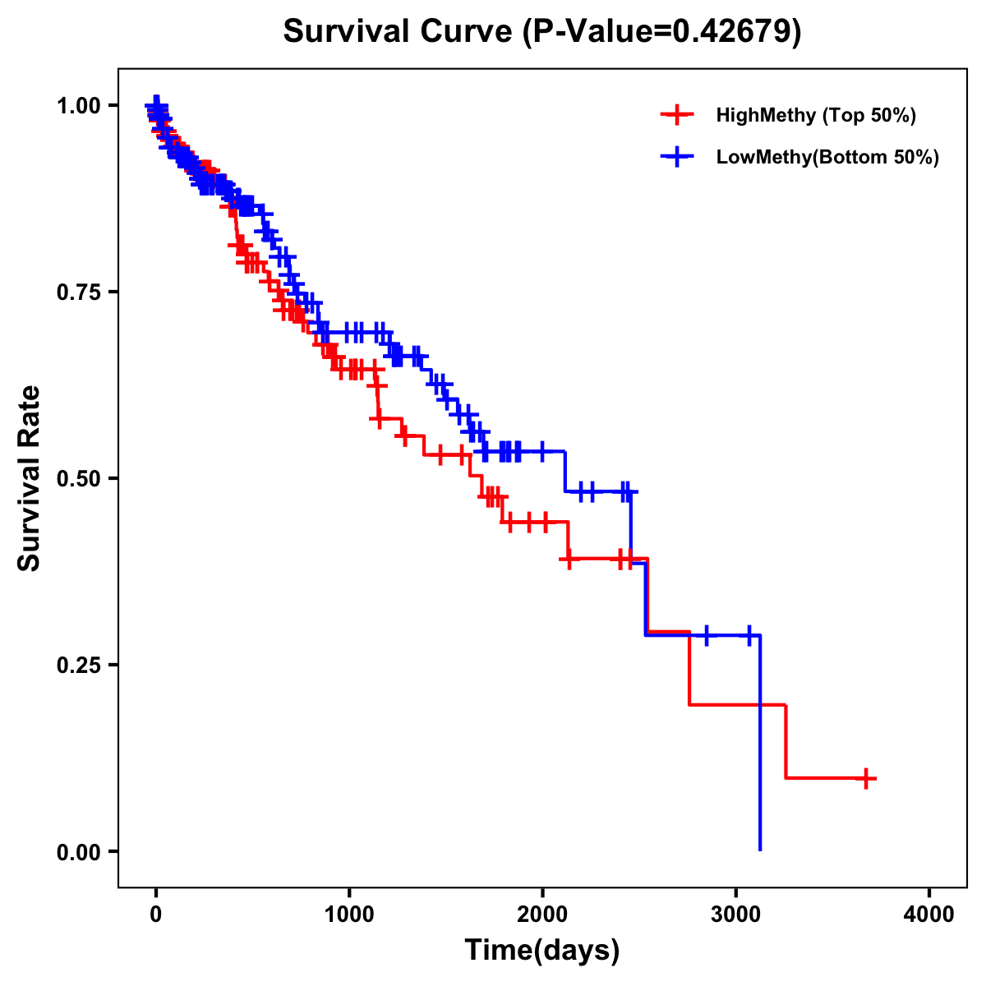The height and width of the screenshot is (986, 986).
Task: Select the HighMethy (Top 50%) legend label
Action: point(816,115)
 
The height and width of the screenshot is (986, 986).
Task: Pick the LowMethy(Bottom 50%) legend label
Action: point(827,157)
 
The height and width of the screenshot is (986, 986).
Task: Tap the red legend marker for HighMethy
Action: point(677,115)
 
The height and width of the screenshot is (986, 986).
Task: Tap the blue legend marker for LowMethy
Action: point(677,157)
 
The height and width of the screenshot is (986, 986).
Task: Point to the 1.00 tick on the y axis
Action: point(78,106)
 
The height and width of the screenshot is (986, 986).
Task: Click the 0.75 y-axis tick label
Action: point(78,293)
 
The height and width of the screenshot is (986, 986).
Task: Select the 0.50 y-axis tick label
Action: point(78,479)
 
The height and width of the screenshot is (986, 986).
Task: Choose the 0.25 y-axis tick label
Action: point(78,665)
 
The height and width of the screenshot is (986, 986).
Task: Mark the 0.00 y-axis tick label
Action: point(78,851)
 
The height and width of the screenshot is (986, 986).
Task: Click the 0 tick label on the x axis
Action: point(156,915)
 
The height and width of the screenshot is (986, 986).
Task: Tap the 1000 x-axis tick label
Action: point(349,915)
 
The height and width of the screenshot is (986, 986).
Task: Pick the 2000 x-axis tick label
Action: point(542,915)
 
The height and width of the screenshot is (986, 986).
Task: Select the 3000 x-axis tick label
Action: point(736,915)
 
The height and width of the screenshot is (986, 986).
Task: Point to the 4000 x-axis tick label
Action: point(929,915)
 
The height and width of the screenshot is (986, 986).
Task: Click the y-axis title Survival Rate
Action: point(30,478)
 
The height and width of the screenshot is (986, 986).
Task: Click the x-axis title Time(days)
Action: point(542,951)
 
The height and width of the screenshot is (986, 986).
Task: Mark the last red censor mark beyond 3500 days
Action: point(866,778)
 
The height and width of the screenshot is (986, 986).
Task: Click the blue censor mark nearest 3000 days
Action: point(749,635)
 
